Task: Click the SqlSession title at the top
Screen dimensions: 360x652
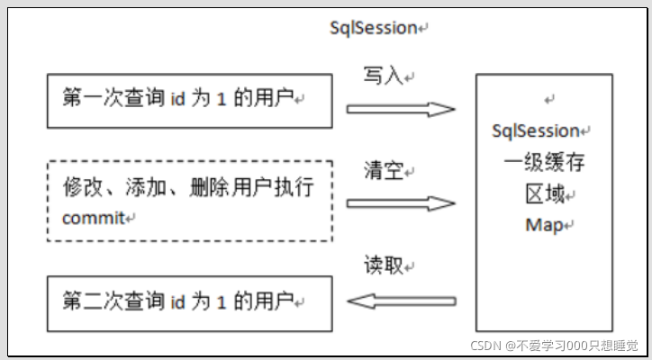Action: click(374, 28)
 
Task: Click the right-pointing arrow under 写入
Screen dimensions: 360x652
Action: click(401, 110)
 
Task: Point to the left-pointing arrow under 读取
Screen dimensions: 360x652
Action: click(401, 300)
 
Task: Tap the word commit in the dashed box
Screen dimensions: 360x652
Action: click(95, 219)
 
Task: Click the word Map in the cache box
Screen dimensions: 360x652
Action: click(542, 225)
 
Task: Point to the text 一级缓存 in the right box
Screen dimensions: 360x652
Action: click(541, 163)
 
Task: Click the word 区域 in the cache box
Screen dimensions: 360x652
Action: click(542, 194)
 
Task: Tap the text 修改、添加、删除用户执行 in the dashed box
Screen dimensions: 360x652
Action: click(188, 189)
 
